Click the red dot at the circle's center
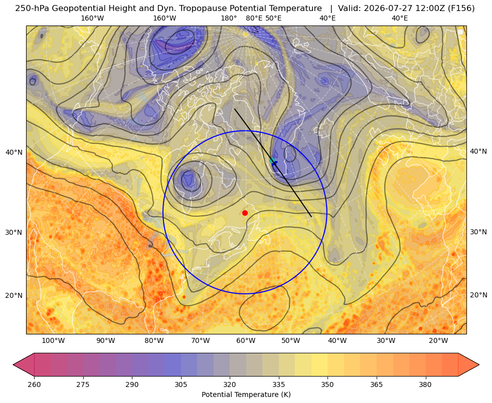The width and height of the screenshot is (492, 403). (245, 213)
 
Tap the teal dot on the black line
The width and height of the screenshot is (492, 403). (272, 161)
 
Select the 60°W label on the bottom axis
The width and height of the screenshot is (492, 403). (246, 341)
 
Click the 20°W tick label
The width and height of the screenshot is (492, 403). (438, 341)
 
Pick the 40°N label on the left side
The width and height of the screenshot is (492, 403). (14, 153)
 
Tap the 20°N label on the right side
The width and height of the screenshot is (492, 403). (478, 295)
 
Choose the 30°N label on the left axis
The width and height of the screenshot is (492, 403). (14, 233)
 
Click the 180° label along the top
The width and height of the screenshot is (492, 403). (229, 18)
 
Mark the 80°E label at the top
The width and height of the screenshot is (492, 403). (254, 18)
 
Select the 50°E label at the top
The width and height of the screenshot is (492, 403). (273, 18)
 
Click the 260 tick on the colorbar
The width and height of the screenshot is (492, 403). (34, 384)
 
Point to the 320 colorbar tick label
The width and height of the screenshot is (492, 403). (230, 384)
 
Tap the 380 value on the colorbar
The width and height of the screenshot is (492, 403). (425, 384)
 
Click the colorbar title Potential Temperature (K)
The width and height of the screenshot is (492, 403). (246, 394)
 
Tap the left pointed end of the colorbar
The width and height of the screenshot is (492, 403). (13, 364)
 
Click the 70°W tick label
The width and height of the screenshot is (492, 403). (200, 341)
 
